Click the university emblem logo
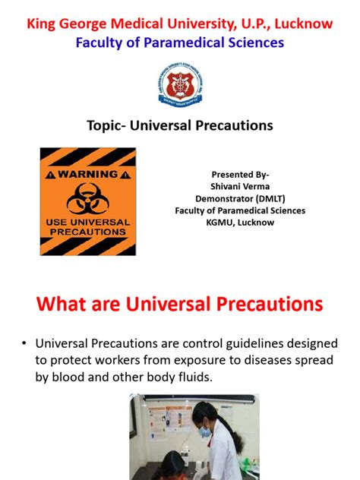pos(179,84)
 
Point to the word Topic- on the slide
pos(110,125)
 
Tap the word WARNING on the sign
pos(94,173)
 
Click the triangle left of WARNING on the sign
pos(52,173)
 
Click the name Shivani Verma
pos(240,185)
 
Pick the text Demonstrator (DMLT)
pos(240,197)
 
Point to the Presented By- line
pos(240,173)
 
